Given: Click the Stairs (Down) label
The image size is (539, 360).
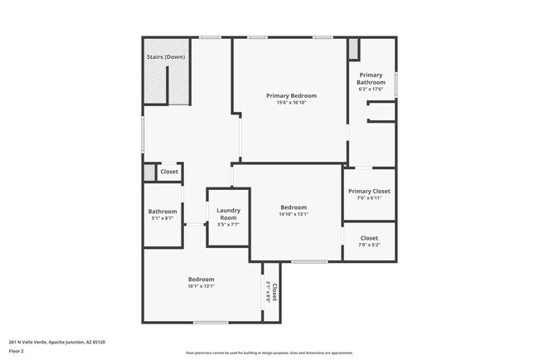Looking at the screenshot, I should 166,56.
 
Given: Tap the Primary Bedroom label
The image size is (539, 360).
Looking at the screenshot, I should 291,95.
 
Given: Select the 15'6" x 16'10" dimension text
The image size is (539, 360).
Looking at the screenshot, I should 291,103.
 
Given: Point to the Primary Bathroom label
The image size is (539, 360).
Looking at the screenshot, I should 371,79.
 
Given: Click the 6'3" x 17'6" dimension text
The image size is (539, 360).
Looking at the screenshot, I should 371,90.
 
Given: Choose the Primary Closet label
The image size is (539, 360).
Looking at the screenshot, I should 369,191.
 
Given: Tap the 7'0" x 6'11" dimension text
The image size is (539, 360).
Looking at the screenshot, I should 369,198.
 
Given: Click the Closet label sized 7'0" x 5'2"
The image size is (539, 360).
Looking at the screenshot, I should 369,237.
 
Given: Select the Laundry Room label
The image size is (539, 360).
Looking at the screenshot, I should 228,214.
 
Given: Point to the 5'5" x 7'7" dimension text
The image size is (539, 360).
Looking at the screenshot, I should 228,225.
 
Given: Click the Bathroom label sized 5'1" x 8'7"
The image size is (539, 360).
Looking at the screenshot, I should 163,211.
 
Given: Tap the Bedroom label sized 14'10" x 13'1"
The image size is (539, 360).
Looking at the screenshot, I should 294,207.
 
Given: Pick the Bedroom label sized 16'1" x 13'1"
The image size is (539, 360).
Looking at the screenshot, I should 202,279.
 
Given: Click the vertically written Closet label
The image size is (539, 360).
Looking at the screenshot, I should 274,292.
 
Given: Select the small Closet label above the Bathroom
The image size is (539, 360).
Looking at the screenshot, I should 169,172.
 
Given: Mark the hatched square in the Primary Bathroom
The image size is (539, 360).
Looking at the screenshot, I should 353,49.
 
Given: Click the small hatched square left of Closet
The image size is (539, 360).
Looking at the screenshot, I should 149,173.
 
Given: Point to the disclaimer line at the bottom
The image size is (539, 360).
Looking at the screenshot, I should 269,353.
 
